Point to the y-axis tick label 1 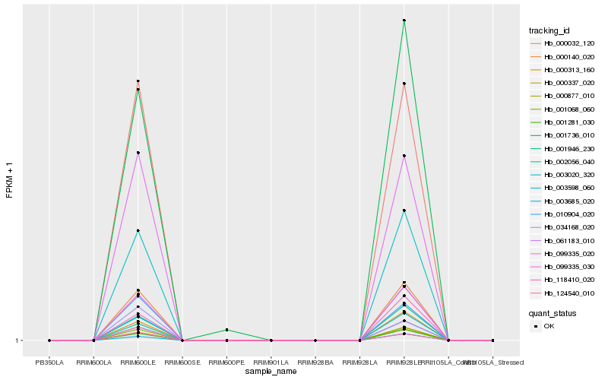17,340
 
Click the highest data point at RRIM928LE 404,21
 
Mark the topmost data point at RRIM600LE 138,81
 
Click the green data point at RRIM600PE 226,330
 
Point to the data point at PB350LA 49,340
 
